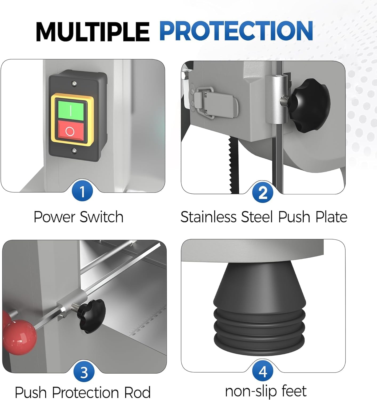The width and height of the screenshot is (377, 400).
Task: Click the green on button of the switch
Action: (71, 111)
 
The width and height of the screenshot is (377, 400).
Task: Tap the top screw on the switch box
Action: (74, 83)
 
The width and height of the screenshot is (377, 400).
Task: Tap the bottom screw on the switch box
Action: (74, 150)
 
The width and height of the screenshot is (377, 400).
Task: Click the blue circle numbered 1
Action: (82, 190)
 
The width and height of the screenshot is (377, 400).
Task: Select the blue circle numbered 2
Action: (263, 192)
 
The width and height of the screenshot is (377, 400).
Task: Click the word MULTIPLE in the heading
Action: (93, 32)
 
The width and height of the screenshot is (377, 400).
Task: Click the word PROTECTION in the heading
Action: (236, 31)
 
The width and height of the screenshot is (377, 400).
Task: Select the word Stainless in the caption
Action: (208, 217)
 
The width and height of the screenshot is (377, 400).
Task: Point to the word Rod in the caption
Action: (137, 393)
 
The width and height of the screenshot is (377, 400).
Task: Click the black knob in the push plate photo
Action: (309, 105)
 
